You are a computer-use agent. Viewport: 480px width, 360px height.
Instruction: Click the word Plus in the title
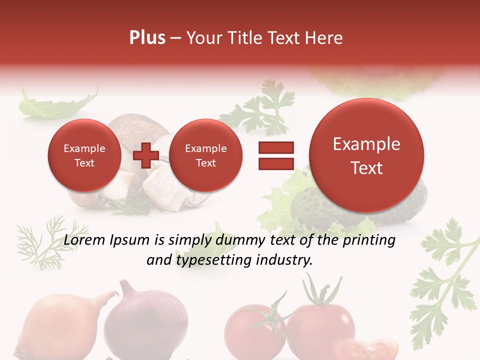[x=147, y=38]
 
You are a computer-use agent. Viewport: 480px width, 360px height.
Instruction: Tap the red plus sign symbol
[x=146, y=155]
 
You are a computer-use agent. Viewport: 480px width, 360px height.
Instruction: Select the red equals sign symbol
[x=276, y=155]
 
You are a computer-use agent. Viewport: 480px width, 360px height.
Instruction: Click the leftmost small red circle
[x=84, y=155]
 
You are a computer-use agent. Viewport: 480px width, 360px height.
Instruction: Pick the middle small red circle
[x=205, y=155]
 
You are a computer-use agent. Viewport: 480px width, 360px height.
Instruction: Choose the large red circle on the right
[x=366, y=155]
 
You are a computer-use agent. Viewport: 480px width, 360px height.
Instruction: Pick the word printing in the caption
[x=370, y=240]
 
